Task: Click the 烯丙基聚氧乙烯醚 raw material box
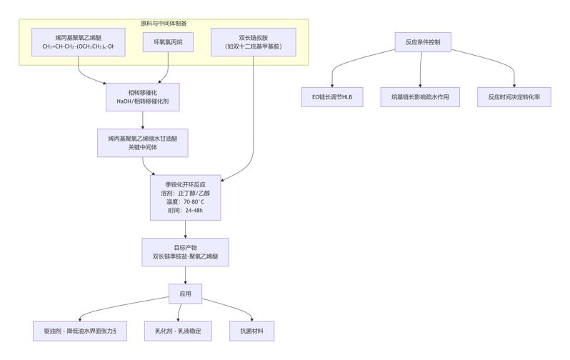(x=78, y=42)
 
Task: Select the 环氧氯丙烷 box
(x=168, y=42)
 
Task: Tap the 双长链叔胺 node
(x=253, y=42)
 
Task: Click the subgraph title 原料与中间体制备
(x=164, y=24)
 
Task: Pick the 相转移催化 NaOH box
(x=142, y=97)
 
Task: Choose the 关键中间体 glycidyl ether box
(x=142, y=143)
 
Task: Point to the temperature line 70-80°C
(x=185, y=202)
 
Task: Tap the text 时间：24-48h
(x=185, y=211)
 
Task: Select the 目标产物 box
(x=185, y=252)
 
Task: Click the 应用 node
(x=185, y=294)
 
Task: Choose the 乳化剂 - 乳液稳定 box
(x=178, y=331)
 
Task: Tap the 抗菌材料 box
(x=251, y=331)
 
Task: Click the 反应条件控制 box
(x=423, y=42)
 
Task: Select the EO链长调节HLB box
(x=332, y=97)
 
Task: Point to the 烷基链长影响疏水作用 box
(x=420, y=97)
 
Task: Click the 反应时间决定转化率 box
(x=514, y=97)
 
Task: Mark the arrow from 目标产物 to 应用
(x=185, y=275)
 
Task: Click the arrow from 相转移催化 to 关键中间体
(x=142, y=120)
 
